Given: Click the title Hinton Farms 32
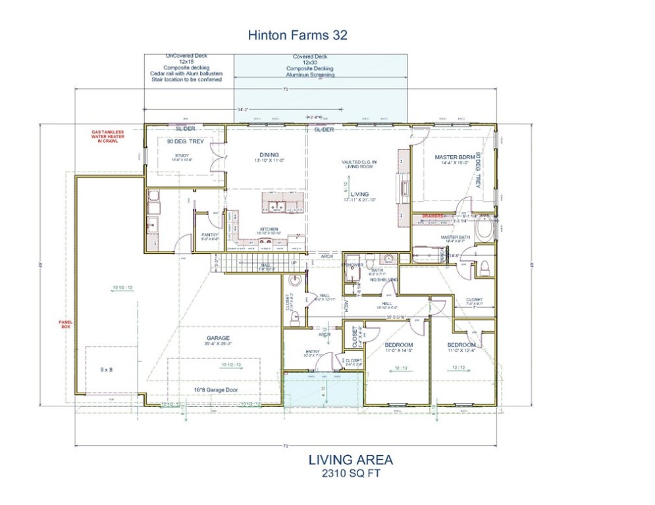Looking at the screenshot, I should pyautogui.click(x=297, y=35).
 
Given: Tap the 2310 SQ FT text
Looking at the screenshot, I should pyautogui.click(x=350, y=473).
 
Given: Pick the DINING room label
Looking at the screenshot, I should pyautogui.click(x=269, y=155).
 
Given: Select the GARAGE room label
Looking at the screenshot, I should pyautogui.click(x=218, y=338).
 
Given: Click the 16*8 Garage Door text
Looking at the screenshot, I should pyautogui.click(x=215, y=390).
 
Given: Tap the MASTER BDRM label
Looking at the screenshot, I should pyautogui.click(x=454, y=157).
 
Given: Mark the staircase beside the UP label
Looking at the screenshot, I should pyautogui.click(x=257, y=264).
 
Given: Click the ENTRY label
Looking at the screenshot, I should pyautogui.click(x=312, y=352).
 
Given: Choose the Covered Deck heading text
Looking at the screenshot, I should pyautogui.click(x=309, y=57).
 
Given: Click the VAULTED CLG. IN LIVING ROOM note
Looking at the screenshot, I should pyautogui.click(x=358, y=164).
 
